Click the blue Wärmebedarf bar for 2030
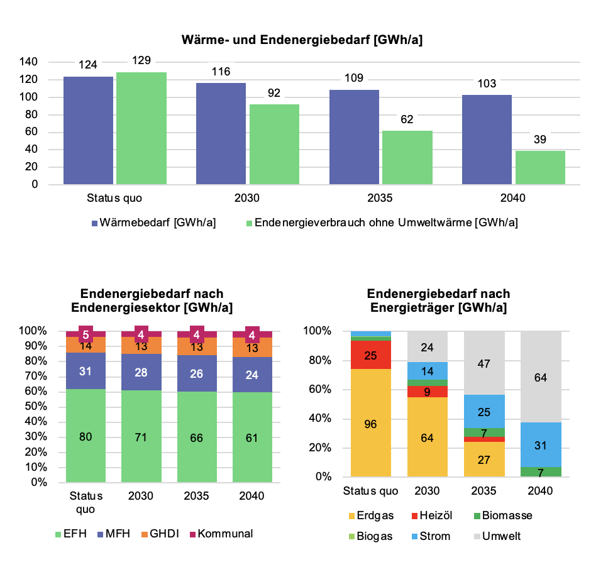point(221,133)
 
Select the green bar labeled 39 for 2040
point(540,167)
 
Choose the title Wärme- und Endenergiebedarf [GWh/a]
point(302,40)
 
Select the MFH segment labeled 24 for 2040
point(251,375)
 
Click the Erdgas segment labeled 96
point(371,423)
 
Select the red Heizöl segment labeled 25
point(371,355)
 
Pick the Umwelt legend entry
point(500,536)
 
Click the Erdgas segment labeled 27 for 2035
point(484,459)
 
